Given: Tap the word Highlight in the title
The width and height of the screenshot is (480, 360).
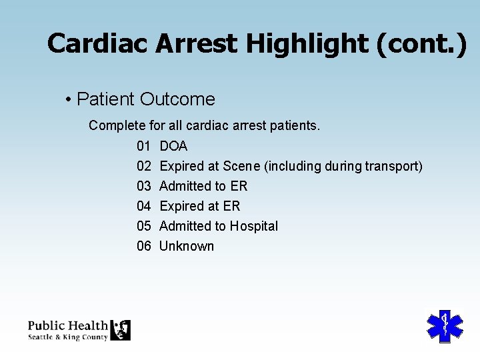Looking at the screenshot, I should click(x=305, y=44).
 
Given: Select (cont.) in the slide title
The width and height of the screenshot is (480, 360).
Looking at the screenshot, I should click(x=421, y=44).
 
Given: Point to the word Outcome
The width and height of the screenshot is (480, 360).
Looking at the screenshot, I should click(x=177, y=99).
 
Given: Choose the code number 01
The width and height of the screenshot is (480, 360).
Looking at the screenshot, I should click(x=144, y=146).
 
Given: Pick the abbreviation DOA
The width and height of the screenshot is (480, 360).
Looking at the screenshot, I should click(x=173, y=146).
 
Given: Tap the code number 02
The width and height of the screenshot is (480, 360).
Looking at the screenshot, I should click(x=144, y=166).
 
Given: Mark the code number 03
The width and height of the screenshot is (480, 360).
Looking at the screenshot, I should click(x=144, y=186).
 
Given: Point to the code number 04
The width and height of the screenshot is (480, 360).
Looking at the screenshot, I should click(x=144, y=206).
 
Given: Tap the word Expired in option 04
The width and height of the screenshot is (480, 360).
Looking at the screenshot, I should click(x=181, y=206).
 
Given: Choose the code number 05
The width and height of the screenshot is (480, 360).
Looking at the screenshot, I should click(x=144, y=226).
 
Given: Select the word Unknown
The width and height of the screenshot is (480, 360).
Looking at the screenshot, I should click(x=187, y=246).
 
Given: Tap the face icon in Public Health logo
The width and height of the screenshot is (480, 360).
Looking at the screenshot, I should click(x=121, y=330).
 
